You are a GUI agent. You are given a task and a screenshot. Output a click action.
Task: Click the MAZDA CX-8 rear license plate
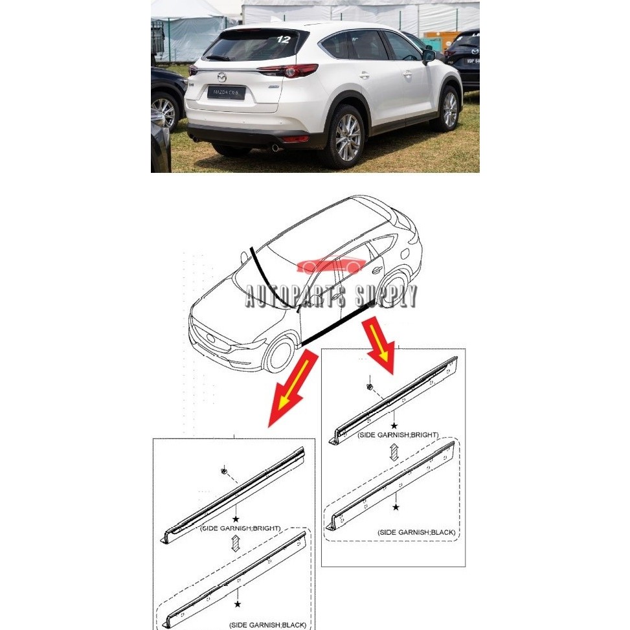tap(225, 93)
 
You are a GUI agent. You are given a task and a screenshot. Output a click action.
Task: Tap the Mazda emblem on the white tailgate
tap(222, 76)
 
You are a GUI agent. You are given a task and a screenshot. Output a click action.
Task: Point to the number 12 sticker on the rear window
tap(283, 39)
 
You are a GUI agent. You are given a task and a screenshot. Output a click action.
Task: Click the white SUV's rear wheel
tap(347, 138)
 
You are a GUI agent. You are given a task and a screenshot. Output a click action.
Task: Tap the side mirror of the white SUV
tap(429, 56)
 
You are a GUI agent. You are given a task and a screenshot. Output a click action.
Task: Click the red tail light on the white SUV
tap(289, 70)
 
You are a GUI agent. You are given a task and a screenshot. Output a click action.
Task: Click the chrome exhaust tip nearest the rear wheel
tap(276, 148)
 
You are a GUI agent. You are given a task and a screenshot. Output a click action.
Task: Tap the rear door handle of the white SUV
tap(364, 75)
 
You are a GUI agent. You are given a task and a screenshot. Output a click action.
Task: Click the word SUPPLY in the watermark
tap(382, 298)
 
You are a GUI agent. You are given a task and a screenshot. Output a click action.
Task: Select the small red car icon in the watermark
tap(331, 265)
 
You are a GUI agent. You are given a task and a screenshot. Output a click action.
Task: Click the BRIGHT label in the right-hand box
tap(425, 434)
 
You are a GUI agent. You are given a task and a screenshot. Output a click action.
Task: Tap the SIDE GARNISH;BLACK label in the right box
tap(416, 532)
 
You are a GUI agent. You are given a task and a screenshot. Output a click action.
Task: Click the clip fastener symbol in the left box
tap(223, 470)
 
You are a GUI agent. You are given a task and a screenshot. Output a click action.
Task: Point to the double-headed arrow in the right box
tap(398, 449)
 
